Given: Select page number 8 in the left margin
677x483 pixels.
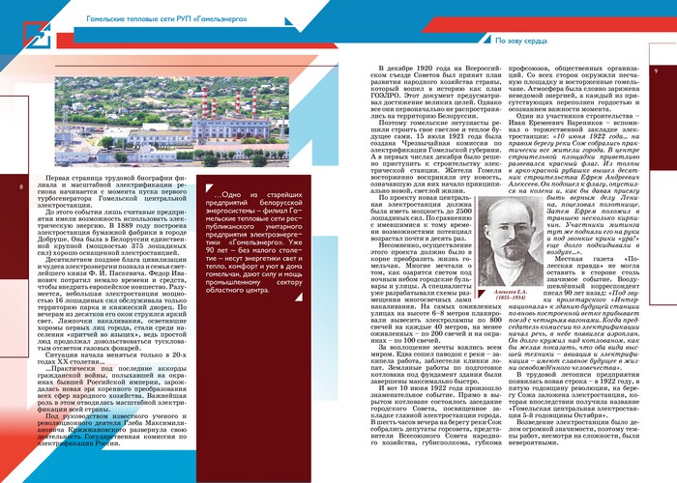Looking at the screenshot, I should click(21, 186).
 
